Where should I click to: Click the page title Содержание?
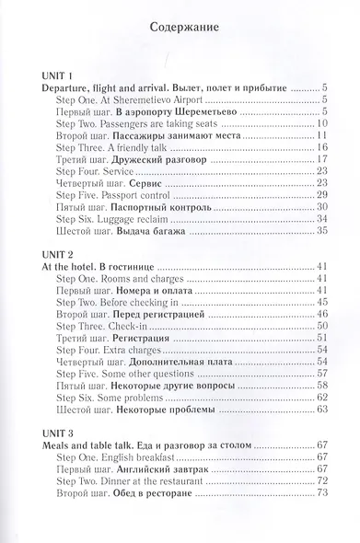180,28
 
